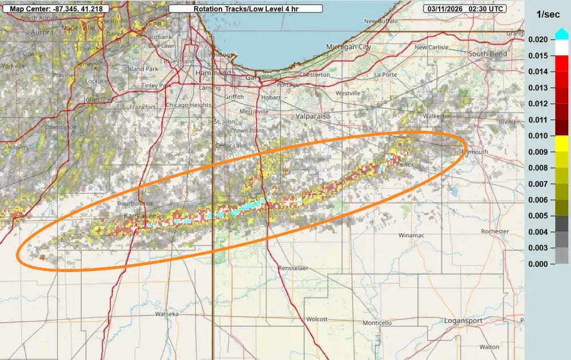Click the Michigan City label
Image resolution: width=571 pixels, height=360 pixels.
(x=348, y=47)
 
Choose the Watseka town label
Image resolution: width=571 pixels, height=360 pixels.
(x=168, y=314)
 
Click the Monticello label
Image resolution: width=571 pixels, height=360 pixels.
(x=377, y=323)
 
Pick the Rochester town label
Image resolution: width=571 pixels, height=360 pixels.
(x=494, y=231)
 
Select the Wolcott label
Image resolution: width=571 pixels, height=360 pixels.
(x=317, y=319)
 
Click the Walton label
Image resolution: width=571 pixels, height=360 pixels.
(x=489, y=346)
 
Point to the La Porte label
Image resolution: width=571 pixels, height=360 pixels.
(x=385, y=74)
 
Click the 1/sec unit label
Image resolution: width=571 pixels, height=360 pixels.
(x=547, y=14)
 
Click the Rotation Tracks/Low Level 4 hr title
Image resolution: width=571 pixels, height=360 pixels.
(x=246, y=9)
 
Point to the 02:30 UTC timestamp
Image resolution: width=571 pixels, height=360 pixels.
(x=486, y=9)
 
